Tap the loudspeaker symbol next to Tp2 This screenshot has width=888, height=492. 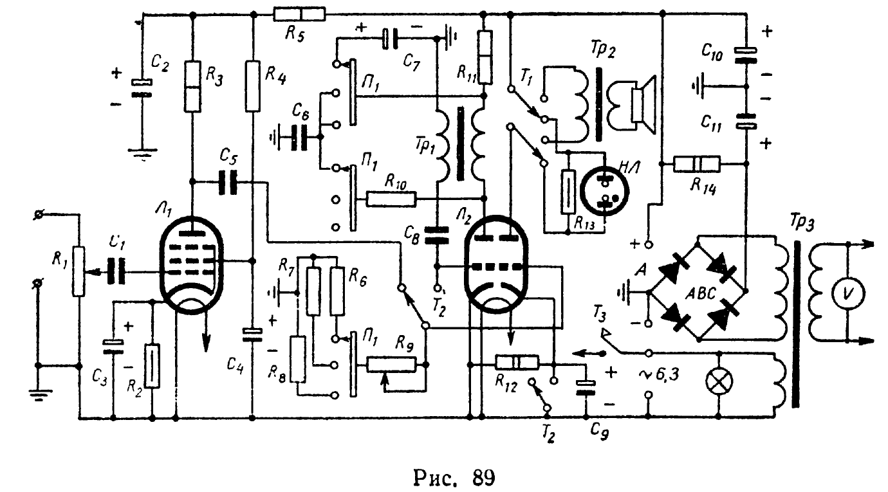point(633,102)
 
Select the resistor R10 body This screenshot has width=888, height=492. point(391,199)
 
